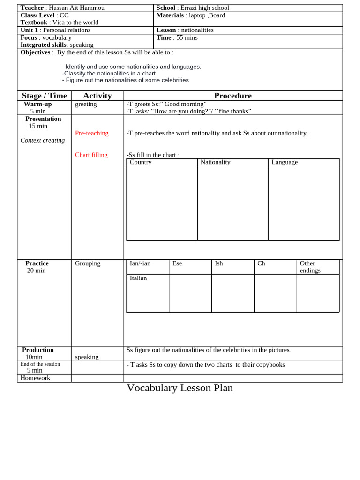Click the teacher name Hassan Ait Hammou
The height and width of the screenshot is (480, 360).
[x=76, y=8]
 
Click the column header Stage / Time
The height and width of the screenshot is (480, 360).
[x=45, y=96]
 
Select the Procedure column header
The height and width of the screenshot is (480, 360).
[x=232, y=96]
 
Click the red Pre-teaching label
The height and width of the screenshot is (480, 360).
[x=92, y=133]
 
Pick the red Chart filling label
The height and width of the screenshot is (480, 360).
[x=91, y=155]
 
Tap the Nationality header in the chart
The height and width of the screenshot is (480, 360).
[x=216, y=162]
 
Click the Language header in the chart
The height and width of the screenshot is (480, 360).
[x=285, y=162]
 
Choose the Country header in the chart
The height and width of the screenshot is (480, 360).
[x=141, y=162]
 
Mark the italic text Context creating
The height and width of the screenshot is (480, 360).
[x=43, y=140]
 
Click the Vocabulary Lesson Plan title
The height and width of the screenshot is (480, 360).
[x=180, y=388]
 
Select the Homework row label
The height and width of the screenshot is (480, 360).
[x=35, y=378]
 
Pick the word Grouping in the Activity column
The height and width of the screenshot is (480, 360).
[x=88, y=263]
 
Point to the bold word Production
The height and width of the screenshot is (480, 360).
[x=38, y=350]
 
